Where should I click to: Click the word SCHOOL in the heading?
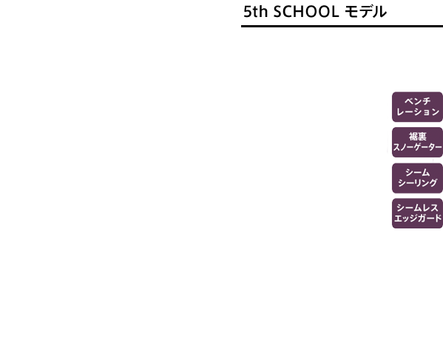[306, 12]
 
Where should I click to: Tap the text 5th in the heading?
[255, 12]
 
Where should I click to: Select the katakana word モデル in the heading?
[365, 12]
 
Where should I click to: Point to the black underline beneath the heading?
[342, 27]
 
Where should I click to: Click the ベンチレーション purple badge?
[417, 106]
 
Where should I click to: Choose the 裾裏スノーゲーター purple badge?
[417, 143]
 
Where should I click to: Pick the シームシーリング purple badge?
[417, 178]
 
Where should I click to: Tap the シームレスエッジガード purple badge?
[417, 213]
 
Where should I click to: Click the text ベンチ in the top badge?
[418, 101]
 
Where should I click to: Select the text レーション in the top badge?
[418, 112]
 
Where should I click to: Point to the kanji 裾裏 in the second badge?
[418, 137]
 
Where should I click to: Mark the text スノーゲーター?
[417, 147]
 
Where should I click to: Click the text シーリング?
[418, 183]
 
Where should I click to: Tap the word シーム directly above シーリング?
[418, 172]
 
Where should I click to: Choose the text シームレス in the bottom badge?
[418, 208]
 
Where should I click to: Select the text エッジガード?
[418, 218]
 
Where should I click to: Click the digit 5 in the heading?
[248, 12]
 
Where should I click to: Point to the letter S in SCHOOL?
[278, 12]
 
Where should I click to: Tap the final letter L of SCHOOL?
[335, 12]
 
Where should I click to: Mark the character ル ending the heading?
[380, 12]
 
